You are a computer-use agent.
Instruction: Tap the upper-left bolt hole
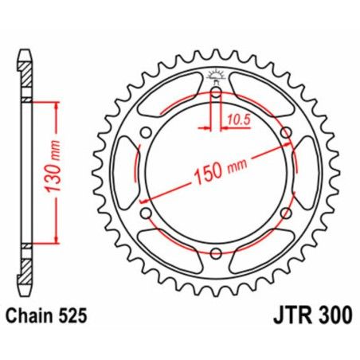point(147,133)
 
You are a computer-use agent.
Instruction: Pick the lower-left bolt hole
point(147,213)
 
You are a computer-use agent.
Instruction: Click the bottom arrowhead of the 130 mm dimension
point(56,240)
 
